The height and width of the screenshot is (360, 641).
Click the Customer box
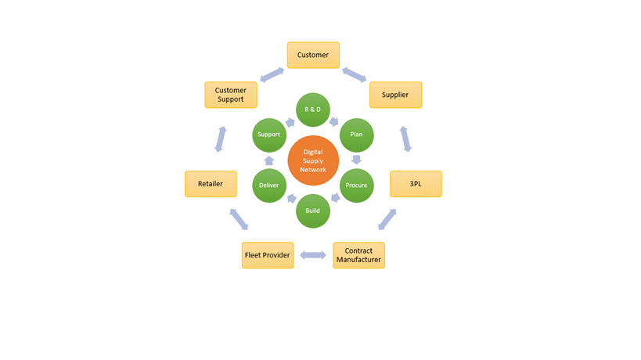313,55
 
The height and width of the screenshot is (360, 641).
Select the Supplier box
395,95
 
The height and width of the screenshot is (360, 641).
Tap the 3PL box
416,184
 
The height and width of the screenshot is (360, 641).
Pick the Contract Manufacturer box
358,255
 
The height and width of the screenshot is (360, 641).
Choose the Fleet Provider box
268,255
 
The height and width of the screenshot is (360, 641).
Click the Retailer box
211,184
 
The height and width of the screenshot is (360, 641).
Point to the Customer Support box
230,95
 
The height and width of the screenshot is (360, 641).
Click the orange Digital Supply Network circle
313,160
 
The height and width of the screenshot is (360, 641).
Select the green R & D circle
312,110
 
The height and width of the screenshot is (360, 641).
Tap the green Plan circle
356,135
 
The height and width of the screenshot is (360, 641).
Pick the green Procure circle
356,185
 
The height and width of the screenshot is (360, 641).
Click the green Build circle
312,211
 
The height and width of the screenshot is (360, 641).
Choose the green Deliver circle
269,185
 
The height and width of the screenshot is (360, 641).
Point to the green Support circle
269,135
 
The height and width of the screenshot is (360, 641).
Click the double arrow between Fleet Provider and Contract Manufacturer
313,255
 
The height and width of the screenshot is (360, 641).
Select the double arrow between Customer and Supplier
354,74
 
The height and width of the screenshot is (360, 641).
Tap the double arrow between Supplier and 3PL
405,139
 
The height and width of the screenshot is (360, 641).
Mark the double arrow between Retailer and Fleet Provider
239,219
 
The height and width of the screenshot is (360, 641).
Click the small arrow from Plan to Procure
357,160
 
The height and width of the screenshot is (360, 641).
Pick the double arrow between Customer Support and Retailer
221,139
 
